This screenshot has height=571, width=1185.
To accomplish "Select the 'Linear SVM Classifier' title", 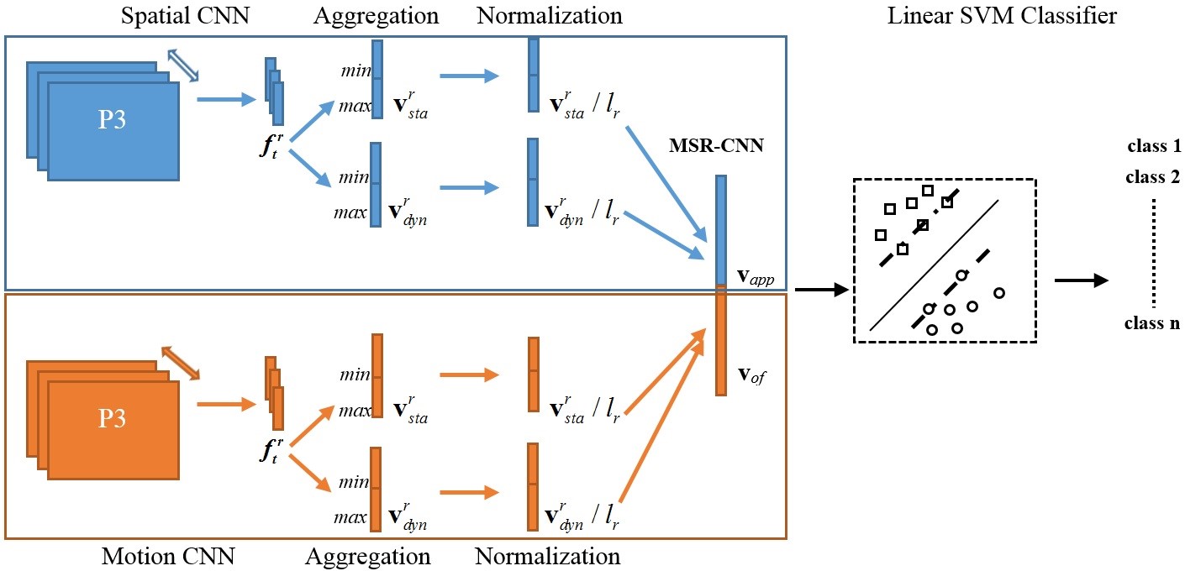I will [x=1002, y=15].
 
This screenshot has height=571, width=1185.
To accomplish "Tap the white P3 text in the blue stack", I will [x=113, y=119].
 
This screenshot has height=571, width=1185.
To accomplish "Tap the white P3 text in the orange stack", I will [x=113, y=418].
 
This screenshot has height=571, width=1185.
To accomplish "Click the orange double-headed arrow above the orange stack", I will [x=181, y=361].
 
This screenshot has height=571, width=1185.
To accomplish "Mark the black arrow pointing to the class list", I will [x=1080, y=281].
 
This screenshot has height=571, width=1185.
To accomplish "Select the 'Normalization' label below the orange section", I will [x=547, y=556].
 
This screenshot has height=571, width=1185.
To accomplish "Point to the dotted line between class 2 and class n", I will [x=1152, y=250].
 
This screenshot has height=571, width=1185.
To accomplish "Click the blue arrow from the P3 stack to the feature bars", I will [x=226, y=99].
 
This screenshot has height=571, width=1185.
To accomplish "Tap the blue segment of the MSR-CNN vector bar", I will [x=721, y=228].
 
